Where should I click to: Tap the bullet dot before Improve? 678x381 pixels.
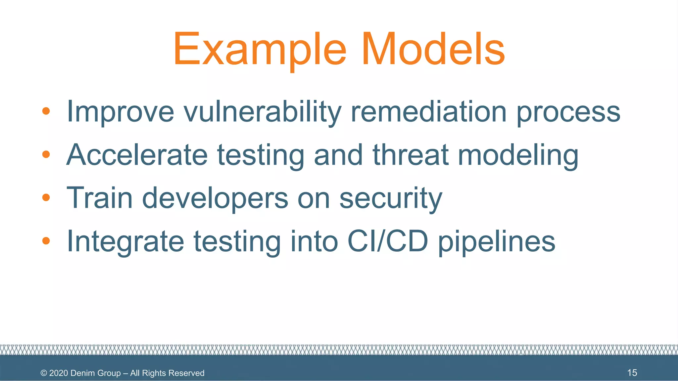click(46, 111)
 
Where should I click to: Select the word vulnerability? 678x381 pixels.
click(262, 112)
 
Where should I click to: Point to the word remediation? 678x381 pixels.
click(428, 112)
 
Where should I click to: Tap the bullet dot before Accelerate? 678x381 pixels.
click(46, 154)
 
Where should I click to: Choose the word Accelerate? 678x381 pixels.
click(137, 155)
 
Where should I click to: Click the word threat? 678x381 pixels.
click(411, 155)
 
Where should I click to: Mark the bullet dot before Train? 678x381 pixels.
click(46, 197)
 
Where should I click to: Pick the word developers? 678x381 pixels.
click(215, 198)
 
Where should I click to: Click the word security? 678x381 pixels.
click(391, 198)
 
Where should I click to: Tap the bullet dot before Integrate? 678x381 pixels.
click(46, 241)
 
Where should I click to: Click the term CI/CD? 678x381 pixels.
click(388, 241)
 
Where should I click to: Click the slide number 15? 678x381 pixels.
click(632, 373)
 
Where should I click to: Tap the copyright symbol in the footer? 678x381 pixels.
click(44, 373)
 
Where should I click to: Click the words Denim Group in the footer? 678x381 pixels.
click(96, 373)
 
